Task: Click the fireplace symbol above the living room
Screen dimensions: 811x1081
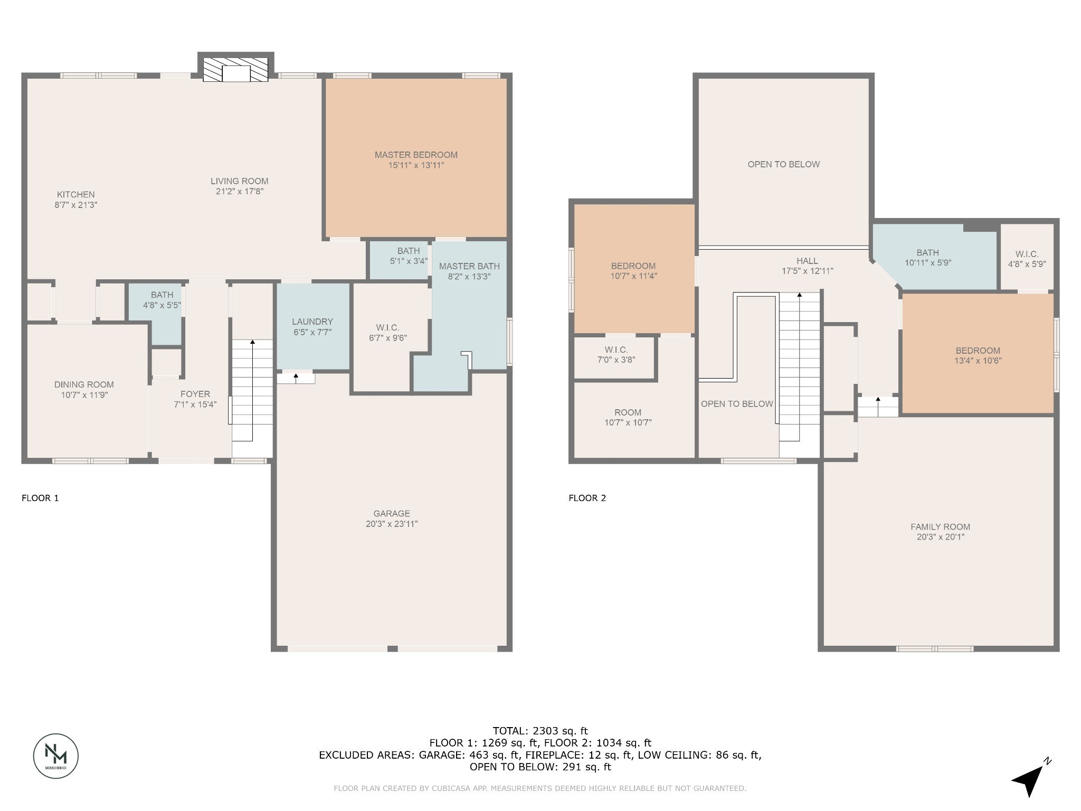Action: [235, 69]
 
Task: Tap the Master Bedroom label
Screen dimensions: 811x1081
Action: [416, 155]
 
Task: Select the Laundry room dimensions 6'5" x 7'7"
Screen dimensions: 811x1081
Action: [312, 332]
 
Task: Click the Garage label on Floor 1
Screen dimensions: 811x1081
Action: [391, 513]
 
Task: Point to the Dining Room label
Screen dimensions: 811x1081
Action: [84, 384]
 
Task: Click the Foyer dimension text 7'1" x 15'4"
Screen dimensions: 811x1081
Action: [195, 404]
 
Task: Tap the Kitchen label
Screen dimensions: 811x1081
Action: [76, 194]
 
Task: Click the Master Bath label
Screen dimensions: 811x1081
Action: [469, 266]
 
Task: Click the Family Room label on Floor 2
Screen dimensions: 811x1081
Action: [940, 526]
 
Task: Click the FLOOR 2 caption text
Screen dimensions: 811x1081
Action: [587, 498]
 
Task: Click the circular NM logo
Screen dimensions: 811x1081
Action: [56, 756]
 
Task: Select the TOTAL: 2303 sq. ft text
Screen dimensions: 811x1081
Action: [540, 731]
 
